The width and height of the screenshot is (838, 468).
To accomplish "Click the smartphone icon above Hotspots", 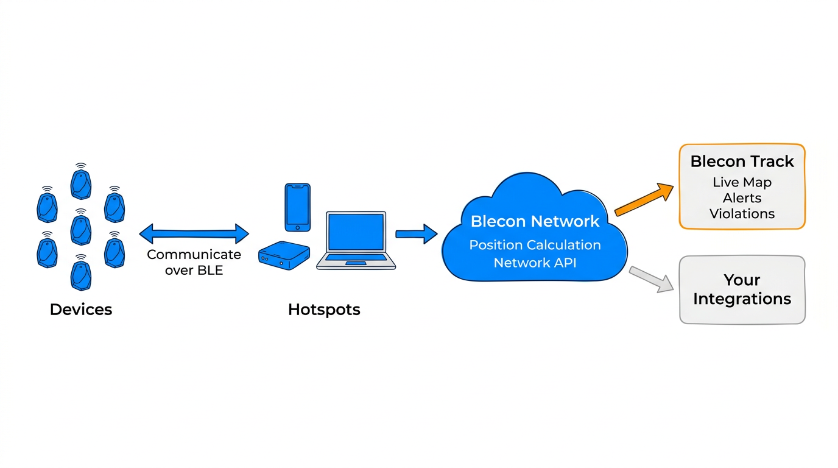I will coord(297,207).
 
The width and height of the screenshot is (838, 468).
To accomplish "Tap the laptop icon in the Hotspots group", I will coord(356,241).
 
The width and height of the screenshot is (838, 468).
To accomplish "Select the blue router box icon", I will coord(284,255).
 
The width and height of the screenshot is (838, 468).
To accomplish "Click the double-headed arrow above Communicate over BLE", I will coord(194,233).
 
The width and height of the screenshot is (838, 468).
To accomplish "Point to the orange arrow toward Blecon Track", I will coord(644,199).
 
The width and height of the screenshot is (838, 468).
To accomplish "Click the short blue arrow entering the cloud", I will coord(416,234).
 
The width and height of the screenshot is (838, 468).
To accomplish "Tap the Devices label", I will coord(81,310).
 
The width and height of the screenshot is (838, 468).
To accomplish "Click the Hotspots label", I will coord(324,310).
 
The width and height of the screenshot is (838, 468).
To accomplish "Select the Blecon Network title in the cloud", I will coord(535,221).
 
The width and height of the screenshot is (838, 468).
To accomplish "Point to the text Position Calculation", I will coord(535,245).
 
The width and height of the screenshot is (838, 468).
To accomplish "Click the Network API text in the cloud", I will coord(535,263).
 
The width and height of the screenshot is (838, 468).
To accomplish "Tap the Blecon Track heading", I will coord(742,161).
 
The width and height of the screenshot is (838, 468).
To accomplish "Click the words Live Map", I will coord(742,182).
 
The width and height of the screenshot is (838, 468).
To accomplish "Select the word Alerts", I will coord(742,198).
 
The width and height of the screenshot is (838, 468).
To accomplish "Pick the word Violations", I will coord(742,214).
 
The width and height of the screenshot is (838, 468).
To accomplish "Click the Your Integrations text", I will coord(742,289).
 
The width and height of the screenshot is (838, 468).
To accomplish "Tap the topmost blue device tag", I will coord(81,183).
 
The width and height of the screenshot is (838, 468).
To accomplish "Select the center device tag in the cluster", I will coord(81,229).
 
